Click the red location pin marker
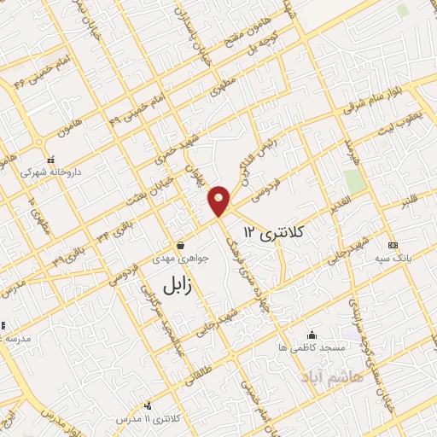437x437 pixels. coord(219,201)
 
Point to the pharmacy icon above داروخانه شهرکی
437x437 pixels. coord(51,160)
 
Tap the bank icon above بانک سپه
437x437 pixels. coord(392,245)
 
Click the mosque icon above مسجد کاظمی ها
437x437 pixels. coord(312,335)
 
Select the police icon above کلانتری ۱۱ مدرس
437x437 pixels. coord(149,406)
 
